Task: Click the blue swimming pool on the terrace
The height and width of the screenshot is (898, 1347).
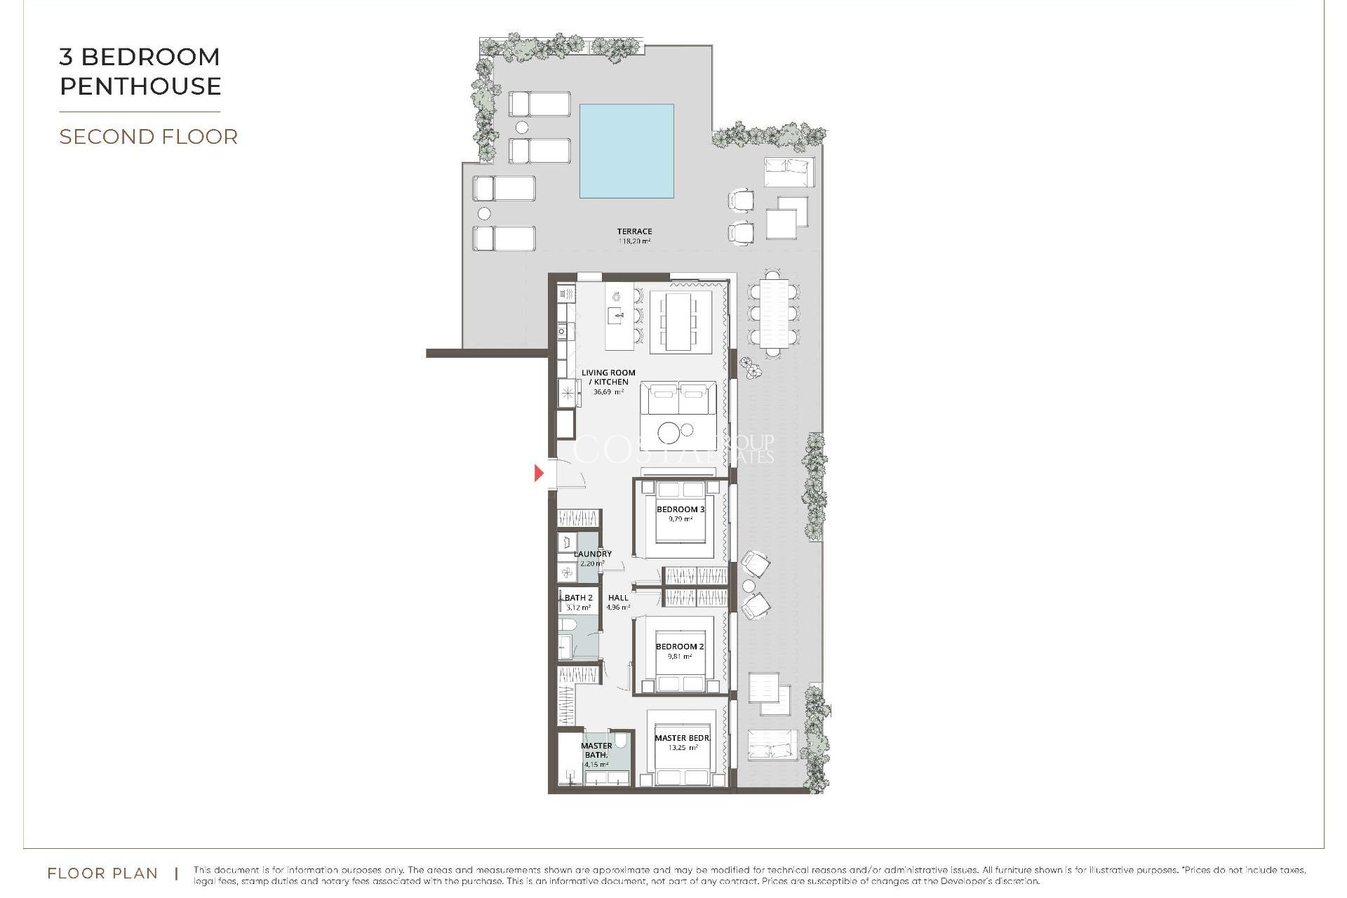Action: [x=626, y=151]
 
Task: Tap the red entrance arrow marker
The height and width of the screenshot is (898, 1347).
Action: [x=539, y=473]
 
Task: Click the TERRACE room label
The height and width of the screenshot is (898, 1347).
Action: [x=634, y=231]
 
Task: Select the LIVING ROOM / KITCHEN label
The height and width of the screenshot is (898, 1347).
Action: [x=608, y=377]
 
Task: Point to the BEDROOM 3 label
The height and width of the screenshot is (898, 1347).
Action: [x=680, y=509]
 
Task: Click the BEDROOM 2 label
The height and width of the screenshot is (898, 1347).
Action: [x=679, y=646]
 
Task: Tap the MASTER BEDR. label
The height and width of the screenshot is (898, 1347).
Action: [x=682, y=738]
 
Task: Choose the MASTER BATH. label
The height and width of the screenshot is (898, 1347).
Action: [x=596, y=750]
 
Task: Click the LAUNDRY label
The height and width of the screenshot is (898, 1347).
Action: [x=593, y=554]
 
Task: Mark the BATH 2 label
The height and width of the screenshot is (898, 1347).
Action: [x=579, y=598]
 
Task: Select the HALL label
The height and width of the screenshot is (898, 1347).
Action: [x=618, y=598]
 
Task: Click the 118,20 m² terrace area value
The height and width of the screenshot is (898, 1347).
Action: [x=634, y=241]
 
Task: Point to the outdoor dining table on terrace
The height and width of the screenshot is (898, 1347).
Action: [x=773, y=314]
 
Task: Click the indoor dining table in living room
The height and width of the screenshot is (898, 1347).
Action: [x=678, y=321]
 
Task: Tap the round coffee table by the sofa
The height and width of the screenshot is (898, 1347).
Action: [x=669, y=433]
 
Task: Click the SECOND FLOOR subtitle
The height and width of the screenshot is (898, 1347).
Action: [x=148, y=137]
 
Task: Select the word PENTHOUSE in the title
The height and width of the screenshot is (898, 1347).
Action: [x=140, y=86]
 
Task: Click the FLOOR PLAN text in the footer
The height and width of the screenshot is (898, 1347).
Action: [x=102, y=873]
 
